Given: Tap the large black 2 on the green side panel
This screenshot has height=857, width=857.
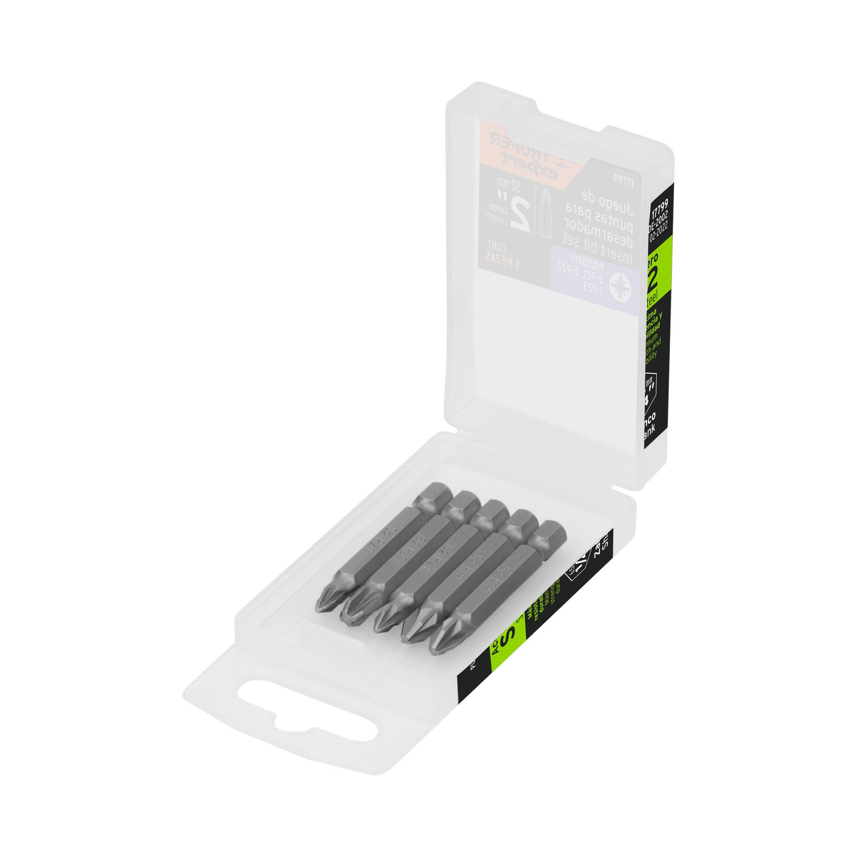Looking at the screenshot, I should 653,278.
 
